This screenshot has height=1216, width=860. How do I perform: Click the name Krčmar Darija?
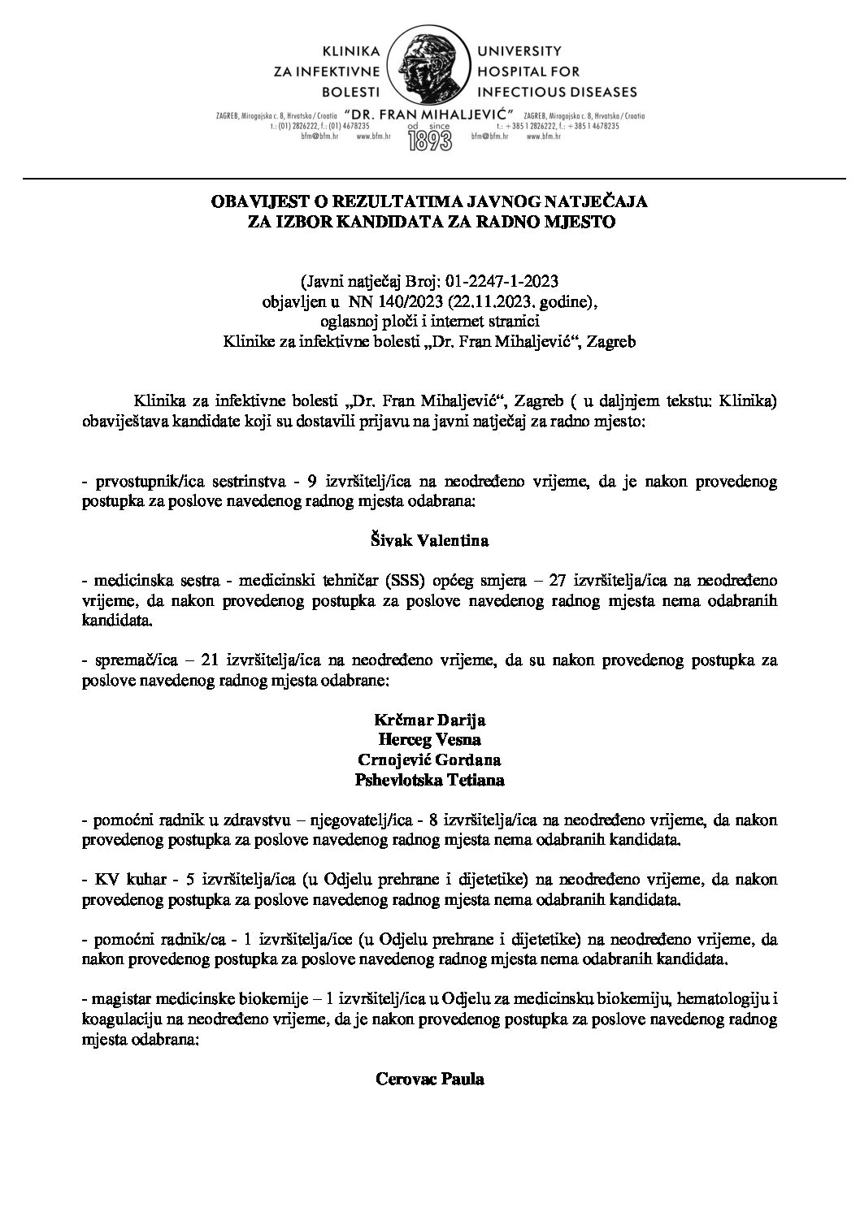[x=430, y=721]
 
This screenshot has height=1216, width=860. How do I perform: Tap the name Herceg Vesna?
[x=430, y=740]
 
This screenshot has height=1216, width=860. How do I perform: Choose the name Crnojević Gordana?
[x=430, y=760]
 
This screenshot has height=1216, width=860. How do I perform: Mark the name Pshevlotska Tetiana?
[x=430, y=781]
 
